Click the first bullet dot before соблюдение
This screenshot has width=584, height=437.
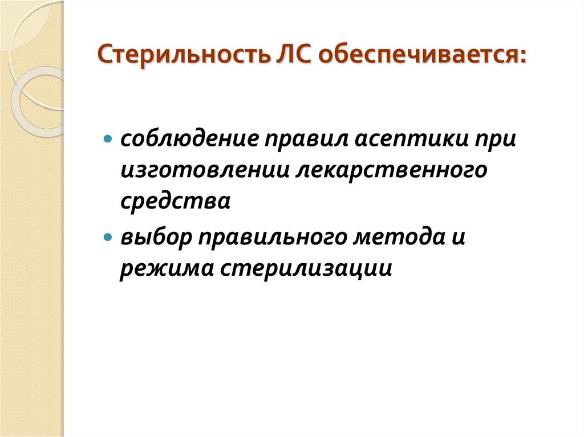(108, 140)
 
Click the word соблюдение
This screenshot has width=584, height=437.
(180, 140)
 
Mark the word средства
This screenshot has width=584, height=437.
(175, 203)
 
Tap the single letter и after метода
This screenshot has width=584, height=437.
(460, 236)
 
